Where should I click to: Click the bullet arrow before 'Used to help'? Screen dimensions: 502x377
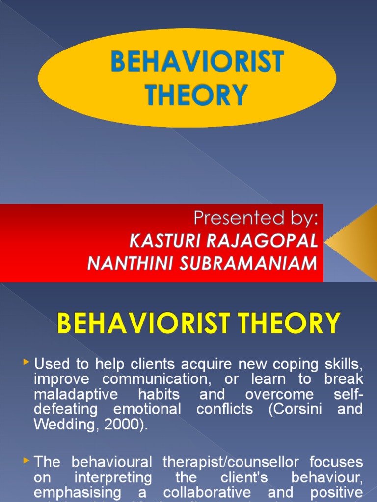(x=27, y=363)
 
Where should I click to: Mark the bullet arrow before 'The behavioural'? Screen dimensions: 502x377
(x=27, y=461)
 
